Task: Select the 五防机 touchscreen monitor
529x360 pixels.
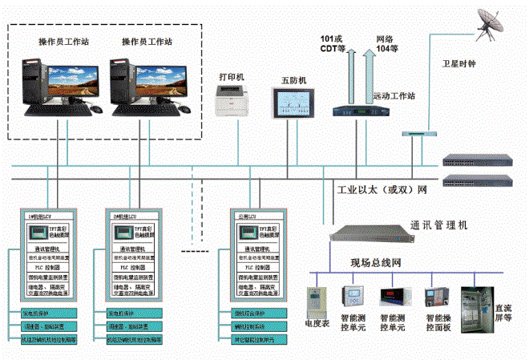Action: click(293, 103)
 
